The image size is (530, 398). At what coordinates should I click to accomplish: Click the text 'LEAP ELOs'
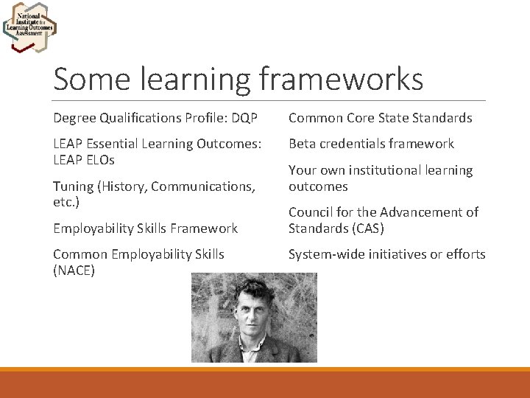coord(84,160)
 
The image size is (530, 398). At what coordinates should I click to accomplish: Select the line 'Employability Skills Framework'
coord(145,228)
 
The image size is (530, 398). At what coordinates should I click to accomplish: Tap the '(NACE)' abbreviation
coord(74,270)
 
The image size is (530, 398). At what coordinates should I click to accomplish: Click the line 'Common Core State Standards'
coord(380,118)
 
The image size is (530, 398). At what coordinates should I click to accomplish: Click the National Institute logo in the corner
coord(29,27)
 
